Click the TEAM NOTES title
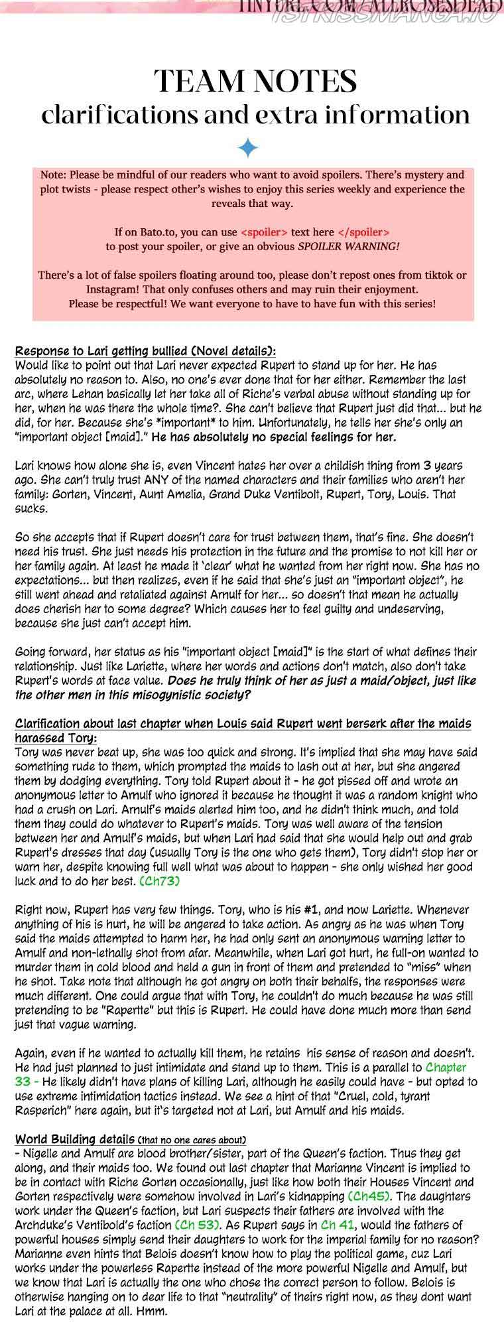pos(255,82)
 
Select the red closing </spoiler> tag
pos(363,233)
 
